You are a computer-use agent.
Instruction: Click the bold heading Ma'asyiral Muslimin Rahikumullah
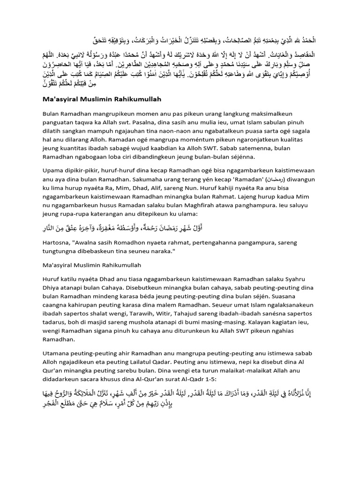tap(108, 99)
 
